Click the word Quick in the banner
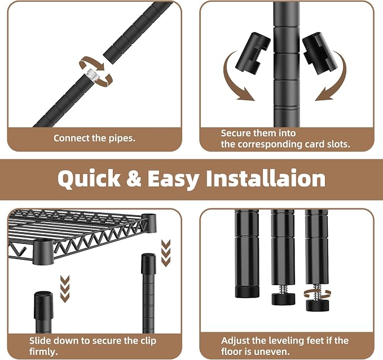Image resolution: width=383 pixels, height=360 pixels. pos(89,179)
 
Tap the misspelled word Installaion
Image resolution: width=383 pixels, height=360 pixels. pos(266,178)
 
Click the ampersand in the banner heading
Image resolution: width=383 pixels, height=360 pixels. pos(134,178)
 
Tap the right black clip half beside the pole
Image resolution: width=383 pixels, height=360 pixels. pos(320,53)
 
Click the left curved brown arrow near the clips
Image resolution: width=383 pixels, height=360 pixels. pos(232,81)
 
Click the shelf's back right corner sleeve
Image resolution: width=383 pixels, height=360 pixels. pos(149,223)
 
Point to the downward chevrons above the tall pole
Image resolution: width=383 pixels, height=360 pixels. pos(166,253)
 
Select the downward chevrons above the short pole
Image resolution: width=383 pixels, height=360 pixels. pos(65,289)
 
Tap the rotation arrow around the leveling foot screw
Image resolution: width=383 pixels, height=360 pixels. pos(318,294)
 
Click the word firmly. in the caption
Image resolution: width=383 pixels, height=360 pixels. pos(43,352)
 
